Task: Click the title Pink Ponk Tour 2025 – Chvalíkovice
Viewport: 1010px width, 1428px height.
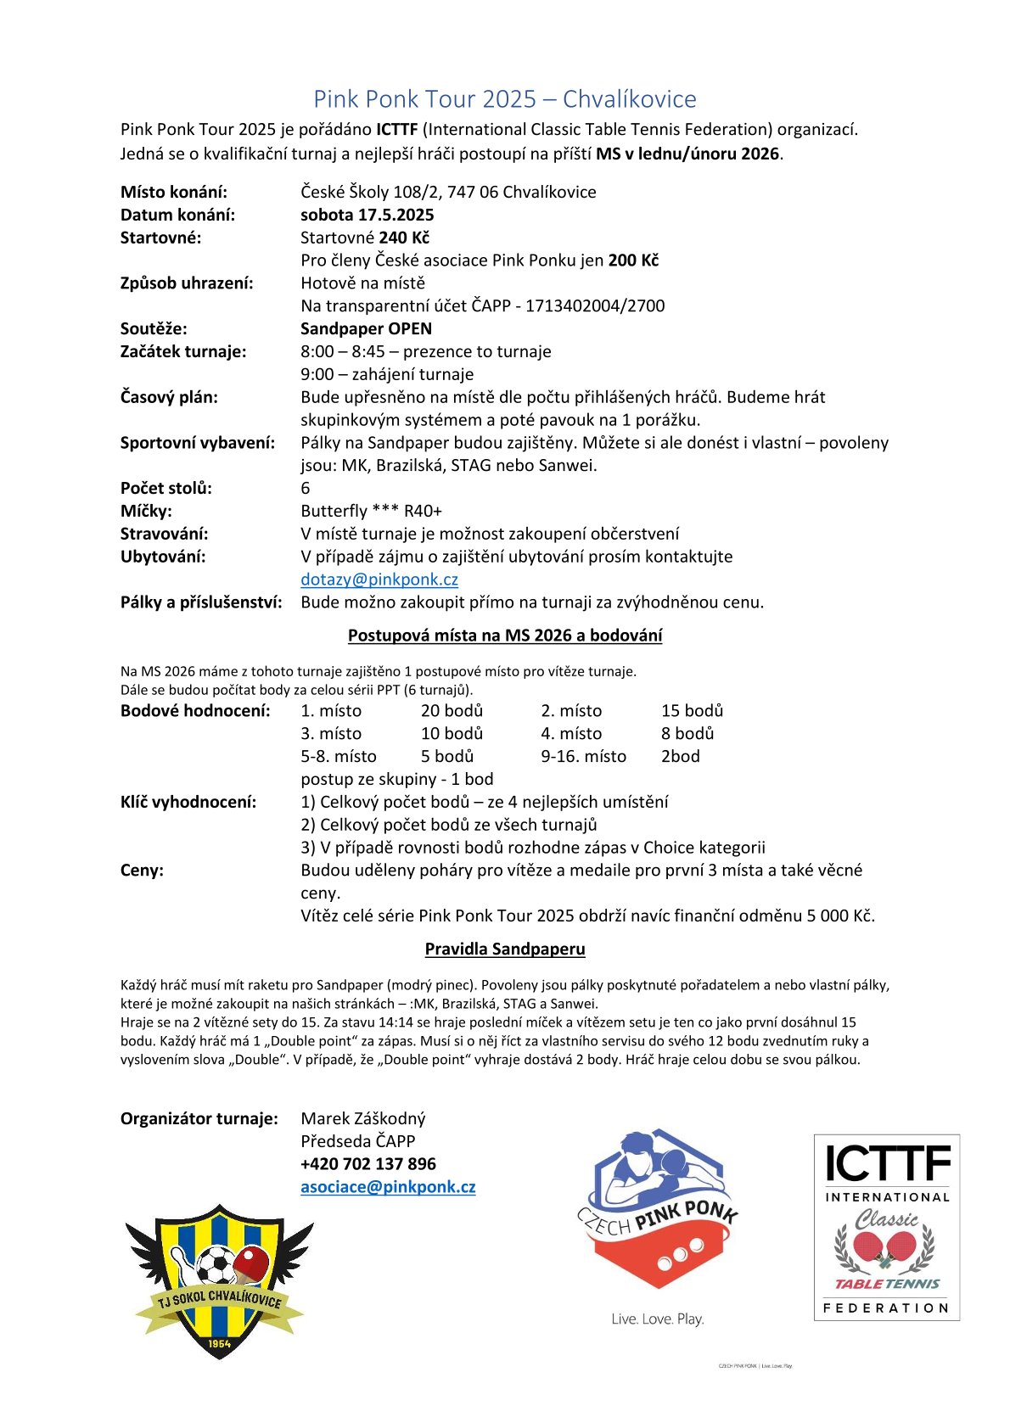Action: coord(504,99)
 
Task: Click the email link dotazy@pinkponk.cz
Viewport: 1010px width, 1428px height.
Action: coord(379,580)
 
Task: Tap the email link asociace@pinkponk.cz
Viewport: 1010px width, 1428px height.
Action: coord(388,1187)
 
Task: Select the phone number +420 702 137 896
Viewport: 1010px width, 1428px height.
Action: coord(368,1164)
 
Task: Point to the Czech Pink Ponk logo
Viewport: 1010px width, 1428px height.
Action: coord(658,1213)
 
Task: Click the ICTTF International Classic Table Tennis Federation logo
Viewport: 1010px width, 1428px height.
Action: coord(886,1227)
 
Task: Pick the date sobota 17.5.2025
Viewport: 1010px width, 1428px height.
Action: coord(367,215)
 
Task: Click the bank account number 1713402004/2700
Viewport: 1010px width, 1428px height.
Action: coord(595,305)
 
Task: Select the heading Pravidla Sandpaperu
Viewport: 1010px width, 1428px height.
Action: coord(505,949)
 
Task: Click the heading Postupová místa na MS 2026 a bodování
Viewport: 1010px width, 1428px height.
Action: coord(505,636)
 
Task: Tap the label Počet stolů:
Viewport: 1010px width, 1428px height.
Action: coord(166,488)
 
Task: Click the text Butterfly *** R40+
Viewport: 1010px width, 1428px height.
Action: coord(371,511)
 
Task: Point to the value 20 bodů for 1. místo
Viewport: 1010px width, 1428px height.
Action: coord(452,711)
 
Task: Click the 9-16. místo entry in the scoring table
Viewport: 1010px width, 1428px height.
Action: coord(583,756)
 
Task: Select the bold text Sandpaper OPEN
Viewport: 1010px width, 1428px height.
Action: coord(366,328)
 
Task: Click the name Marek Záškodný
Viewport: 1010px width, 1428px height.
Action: coord(363,1118)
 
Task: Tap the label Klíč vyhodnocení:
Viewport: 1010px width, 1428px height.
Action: coord(188,802)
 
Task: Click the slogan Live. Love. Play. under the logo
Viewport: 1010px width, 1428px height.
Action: coord(658,1319)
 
